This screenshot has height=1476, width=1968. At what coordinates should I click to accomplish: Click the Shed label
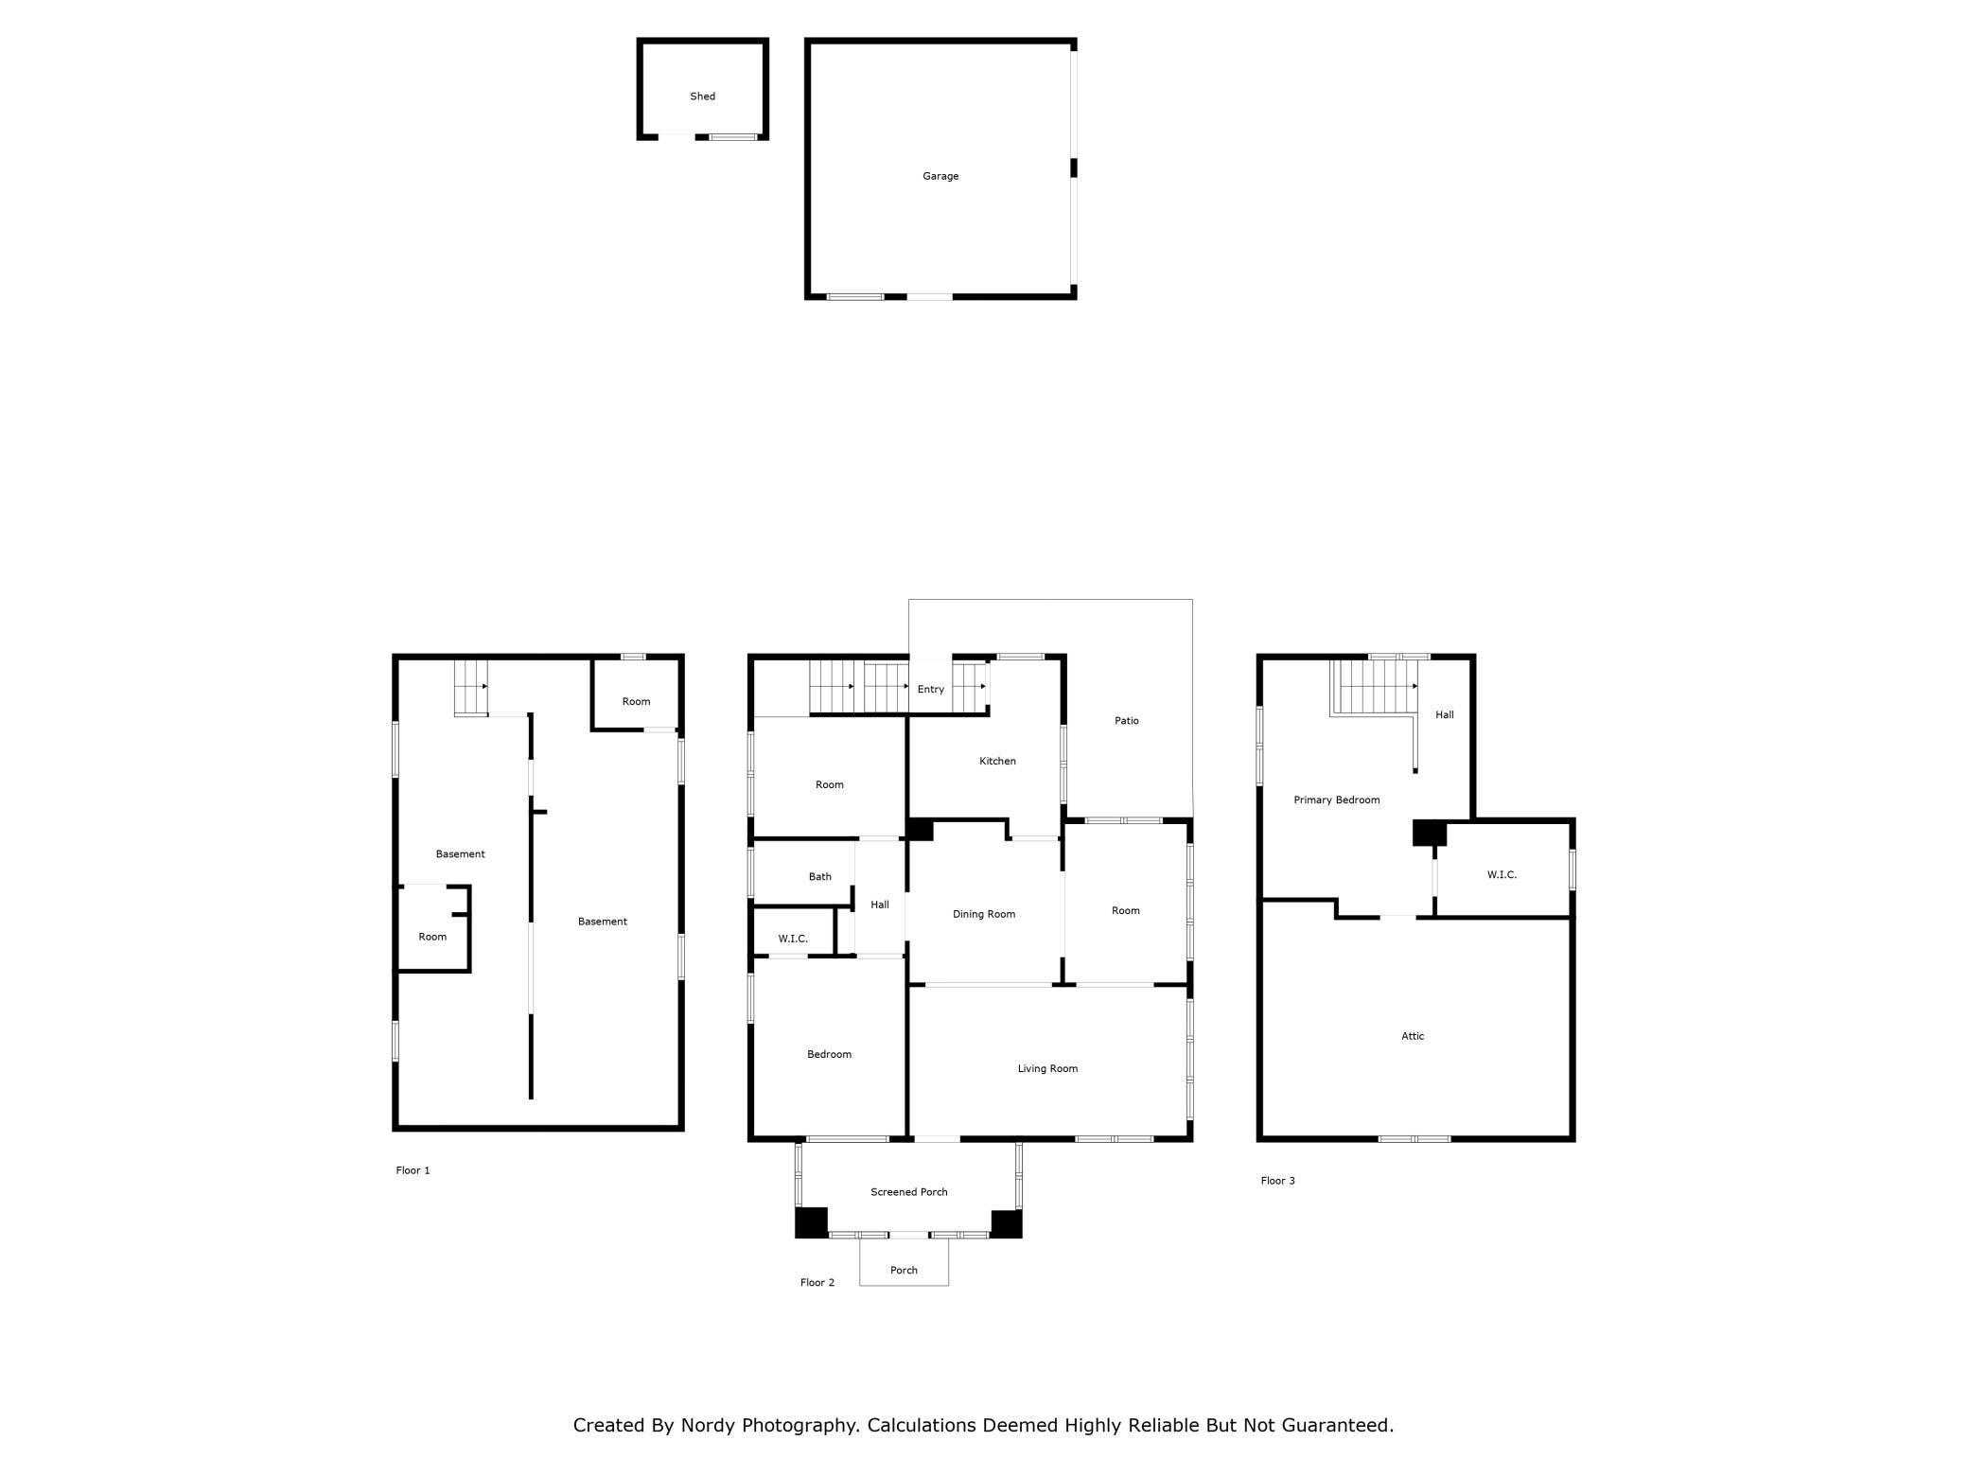pyautogui.click(x=702, y=97)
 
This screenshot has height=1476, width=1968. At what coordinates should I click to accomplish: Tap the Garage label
pyautogui.click(x=940, y=176)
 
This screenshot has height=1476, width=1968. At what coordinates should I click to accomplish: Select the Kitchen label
pyautogui.click(x=997, y=761)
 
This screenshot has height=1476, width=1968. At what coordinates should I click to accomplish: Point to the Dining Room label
pyautogui.click(x=984, y=914)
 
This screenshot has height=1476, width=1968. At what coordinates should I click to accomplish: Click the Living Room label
pyautogui.click(x=1047, y=1068)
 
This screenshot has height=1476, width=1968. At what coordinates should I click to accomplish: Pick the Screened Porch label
pyautogui.click(x=909, y=1192)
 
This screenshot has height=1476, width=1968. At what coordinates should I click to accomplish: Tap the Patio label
pyautogui.click(x=1126, y=721)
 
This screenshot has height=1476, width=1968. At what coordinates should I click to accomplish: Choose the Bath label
pyautogui.click(x=819, y=876)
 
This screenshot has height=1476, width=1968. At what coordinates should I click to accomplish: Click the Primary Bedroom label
pyautogui.click(x=1336, y=800)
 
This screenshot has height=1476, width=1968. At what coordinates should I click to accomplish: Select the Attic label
pyautogui.click(x=1413, y=1036)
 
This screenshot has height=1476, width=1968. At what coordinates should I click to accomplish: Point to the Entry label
pyautogui.click(x=931, y=690)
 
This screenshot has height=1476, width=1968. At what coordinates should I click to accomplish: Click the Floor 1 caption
pyautogui.click(x=413, y=1170)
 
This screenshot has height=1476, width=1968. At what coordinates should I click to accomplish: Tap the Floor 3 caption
pyautogui.click(x=1277, y=1181)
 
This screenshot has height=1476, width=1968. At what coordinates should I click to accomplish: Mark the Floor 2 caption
pyautogui.click(x=817, y=1283)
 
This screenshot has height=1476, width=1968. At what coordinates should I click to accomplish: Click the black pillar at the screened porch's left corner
pyautogui.click(x=811, y=1222)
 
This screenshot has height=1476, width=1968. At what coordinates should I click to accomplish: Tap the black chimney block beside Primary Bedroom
pyautogui.click(x=1429, y=833)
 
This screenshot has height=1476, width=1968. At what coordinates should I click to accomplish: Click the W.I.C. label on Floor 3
pyautogui.click(x=1502, y=875)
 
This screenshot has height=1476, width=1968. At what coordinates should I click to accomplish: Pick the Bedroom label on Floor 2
pyautogui.click(x=829, y=1054)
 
